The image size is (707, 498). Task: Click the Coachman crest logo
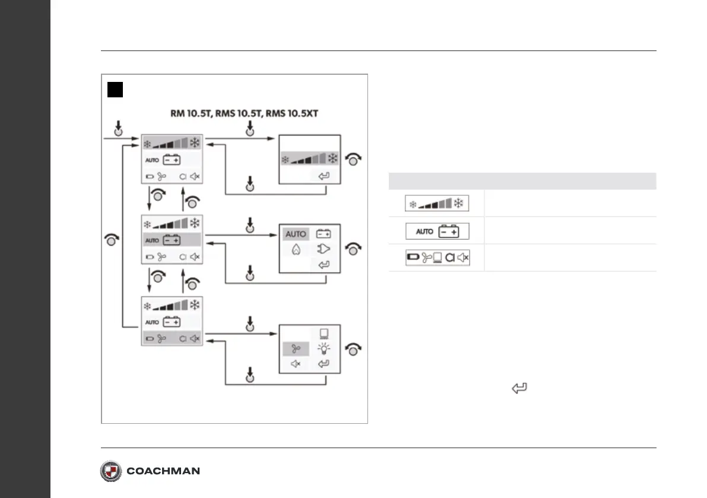point(111,471)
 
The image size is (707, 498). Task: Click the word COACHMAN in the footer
point(163,471)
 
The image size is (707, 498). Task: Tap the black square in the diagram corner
point(115,90)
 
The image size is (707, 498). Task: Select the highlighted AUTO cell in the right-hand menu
point(296,234)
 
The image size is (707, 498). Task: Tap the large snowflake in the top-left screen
point(194,142)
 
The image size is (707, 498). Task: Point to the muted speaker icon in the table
point(462,258)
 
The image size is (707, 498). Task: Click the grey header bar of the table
point(522,181)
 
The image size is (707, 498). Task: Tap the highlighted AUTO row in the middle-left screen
point(172,240)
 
